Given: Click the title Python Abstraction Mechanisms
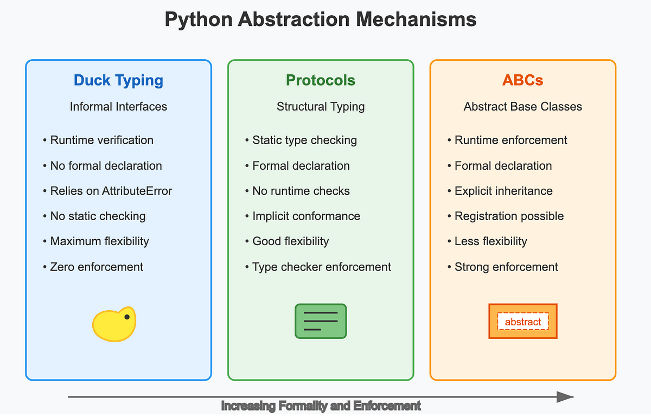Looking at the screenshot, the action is [321, 20].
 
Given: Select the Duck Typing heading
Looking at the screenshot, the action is [118, 80].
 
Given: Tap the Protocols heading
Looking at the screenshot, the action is [321, 80].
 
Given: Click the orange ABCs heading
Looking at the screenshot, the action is [522, 80].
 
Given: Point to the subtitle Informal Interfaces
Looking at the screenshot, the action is [118, 107].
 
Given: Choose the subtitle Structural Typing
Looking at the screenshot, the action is [321, 107].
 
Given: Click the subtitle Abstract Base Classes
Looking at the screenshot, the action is [522, 107].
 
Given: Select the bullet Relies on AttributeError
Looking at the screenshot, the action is [107, 191].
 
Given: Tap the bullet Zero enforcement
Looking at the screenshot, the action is [93, 267].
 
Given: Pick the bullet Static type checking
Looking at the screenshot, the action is [301, 140].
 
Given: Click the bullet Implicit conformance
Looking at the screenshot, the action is [303, 216].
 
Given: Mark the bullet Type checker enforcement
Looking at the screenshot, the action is [318, 267].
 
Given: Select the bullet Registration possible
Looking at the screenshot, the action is [506, 216].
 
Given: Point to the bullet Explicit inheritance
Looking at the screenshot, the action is [500, 191].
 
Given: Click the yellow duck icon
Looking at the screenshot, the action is [114, 324].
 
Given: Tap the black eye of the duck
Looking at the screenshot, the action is [127, 317].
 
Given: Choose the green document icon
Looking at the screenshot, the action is [321, 321].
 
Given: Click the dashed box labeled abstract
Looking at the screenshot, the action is [523, 322].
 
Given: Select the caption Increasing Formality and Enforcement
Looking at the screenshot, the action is [321, 406].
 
